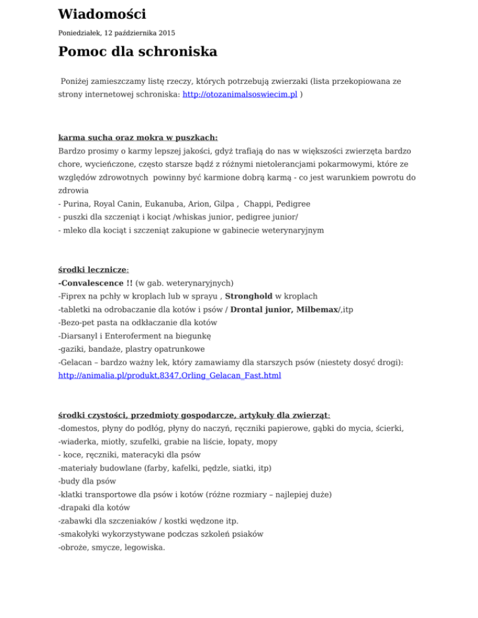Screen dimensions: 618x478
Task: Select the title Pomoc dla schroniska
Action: tap(138, 52)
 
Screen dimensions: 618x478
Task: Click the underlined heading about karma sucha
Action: tap(138, 137)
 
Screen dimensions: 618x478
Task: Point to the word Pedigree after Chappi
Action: tap(292, 203)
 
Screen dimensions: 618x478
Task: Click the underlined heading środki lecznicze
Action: tap(93, 270)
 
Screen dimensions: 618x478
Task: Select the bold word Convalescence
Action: tap(91, 284)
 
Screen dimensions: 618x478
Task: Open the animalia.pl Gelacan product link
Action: tap(169, 376)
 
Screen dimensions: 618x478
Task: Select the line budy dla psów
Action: tap(87, 481)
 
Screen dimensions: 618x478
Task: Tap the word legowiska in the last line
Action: tap(143, 547)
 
